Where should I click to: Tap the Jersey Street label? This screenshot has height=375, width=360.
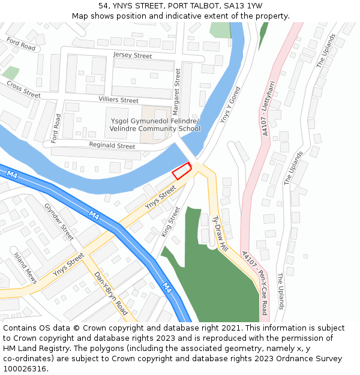[x=133, y=56]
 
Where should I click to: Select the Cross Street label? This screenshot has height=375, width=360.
[x=23, y=90]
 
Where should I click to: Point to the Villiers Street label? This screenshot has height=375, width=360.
[x=118, y=100]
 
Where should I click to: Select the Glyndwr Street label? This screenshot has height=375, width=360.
[x=59, y=221]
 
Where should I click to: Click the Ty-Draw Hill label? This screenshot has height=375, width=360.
[x=220, y=234]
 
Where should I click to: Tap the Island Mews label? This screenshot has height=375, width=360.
[x=26, y=268]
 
